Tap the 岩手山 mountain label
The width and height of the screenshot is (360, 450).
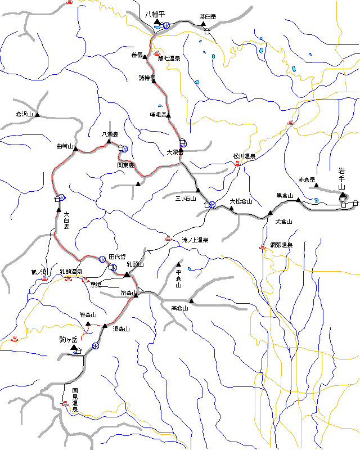click(x=341, y=178)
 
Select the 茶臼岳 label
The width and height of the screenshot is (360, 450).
click(x=208, y=17)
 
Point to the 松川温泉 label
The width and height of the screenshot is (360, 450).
click(x=244, y=156)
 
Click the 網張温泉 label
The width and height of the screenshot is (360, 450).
click(x=281, y=245)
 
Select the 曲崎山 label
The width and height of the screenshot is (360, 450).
click(x=65, y=146)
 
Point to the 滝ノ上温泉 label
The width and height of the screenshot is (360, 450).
click(x=195, y=240)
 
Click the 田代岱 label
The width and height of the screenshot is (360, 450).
click(x=117, y=256)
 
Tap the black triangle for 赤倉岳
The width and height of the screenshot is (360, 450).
click(x=317, y=186)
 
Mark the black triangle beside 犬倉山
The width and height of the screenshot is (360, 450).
click(x=271, y=213)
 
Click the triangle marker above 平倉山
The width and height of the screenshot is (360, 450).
click(x=179, y=264)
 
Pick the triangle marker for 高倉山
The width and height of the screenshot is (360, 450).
click(x=191, y=301)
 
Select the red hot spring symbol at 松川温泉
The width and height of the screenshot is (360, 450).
click(x=237, y=164)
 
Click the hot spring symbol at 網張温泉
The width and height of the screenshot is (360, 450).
click(x=262, y=246)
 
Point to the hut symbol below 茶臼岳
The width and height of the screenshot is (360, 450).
click(x=207, y=32)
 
